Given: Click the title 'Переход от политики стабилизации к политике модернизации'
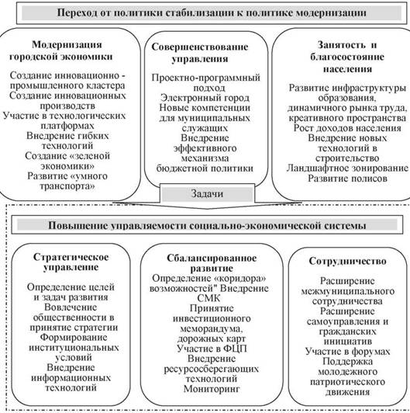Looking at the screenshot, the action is pos(212,13).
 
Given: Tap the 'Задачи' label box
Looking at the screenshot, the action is pos(207,194).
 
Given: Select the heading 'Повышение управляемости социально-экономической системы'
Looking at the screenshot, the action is pos(207,226).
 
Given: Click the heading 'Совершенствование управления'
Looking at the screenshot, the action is pos(200,53).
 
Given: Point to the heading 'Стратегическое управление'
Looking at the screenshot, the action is pos(71,262).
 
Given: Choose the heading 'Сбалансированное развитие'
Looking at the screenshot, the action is pos(212,263).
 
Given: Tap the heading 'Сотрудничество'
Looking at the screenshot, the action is pos(348,261).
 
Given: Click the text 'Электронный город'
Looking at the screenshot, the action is pos(205,98).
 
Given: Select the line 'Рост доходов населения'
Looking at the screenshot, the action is pos(347,128).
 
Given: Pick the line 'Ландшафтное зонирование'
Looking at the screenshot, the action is pos(347,168).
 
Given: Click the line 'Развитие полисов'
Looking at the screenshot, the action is pos(348,179).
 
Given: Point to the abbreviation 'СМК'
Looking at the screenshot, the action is pos(208,298).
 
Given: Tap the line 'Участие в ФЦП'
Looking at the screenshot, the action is pos(212,349).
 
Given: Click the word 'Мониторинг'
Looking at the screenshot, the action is pos(212,389).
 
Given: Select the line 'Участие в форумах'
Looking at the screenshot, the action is pos(348,352).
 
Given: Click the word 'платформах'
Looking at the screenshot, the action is pos(67,126).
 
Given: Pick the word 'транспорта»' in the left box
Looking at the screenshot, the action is pos(67,186).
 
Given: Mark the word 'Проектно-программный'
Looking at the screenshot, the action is pos(206,78).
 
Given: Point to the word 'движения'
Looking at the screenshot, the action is pos(348,392).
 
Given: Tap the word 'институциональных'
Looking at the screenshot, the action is pos(74,348).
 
